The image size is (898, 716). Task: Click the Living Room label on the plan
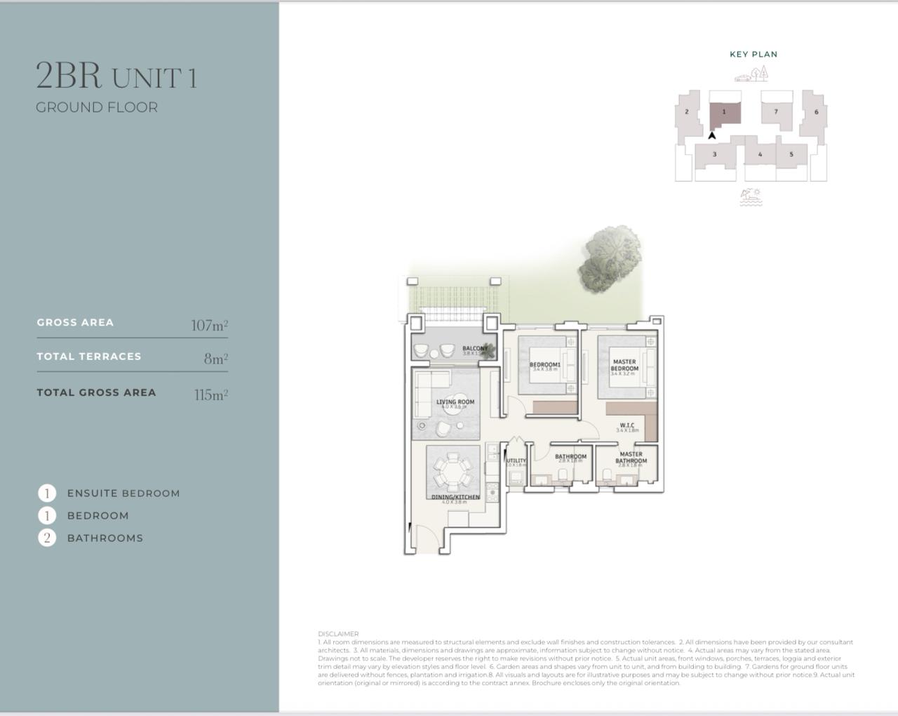tap(455, 402)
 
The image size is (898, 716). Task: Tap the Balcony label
tap(474, 348)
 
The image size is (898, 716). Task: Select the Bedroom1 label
tap(544, 364)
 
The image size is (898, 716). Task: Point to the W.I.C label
tap(627, 425)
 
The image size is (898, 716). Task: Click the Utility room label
tap(516, 460)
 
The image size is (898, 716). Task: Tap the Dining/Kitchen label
tap(455, 497)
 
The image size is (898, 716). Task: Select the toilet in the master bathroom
tap(608, 475)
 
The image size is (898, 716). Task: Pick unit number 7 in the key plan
tap(776, 112)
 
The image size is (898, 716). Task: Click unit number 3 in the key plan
tap(714, 154)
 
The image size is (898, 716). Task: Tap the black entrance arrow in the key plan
tap(712, 135)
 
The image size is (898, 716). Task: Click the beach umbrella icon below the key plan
tap(751, 197)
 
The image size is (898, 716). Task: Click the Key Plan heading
tap(753, 54)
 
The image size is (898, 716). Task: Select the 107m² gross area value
tap(209, 325)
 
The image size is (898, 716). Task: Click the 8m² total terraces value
tap(215, 359)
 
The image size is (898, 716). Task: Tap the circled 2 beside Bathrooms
tap(47, 538)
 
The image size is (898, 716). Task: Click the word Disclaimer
tap(338, 634)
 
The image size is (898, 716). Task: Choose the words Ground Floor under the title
tap(97, 107)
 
